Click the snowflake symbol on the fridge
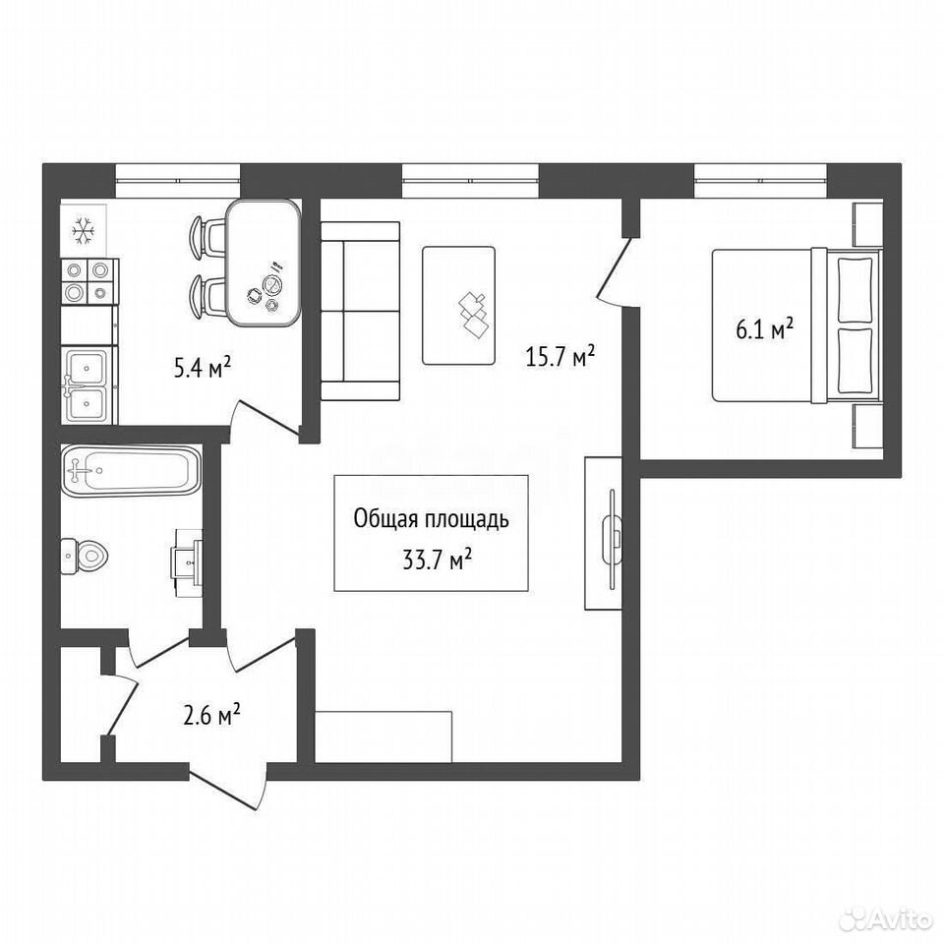tap(84, 230)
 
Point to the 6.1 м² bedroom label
tap(764, 329)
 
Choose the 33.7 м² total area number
tap(437, 560)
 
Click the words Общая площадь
tap(431, 519)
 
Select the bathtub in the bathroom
tap(131, 471)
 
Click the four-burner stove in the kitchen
tap(89, 282)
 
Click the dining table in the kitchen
tap(264, 264)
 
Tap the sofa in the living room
tap(360, 311)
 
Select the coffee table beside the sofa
tap(459, 306)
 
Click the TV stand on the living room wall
tap(603, 533)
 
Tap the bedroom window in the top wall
tap(760, 179)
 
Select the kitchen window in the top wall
tap(178, 179)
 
